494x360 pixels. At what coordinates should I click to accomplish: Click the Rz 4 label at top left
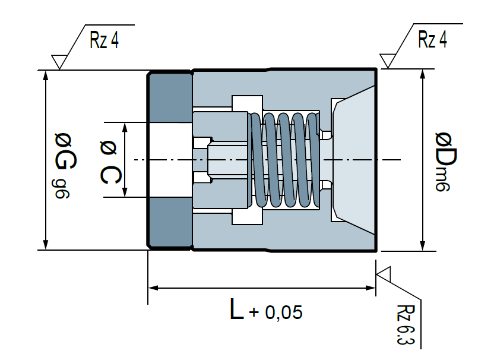point(104,40)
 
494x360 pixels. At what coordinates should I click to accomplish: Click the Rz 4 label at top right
point(432,39)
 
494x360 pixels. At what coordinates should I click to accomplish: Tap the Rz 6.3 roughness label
point(406,325)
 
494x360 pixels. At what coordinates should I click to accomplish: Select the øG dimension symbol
point(65,151)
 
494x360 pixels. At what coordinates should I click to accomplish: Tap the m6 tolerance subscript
point(442,179)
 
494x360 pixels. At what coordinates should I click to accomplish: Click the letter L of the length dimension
point(236,309)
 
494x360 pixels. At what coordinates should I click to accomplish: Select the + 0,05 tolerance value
point(275,312)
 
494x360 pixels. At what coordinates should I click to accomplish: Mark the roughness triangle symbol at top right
point(388,61)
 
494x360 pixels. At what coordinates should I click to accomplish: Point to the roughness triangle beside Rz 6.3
point(384,274)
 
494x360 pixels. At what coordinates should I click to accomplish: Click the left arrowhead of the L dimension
point(153,288)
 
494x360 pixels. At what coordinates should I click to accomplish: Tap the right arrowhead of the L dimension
point(370,288)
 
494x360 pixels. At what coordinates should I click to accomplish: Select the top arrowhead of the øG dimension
point(46,75)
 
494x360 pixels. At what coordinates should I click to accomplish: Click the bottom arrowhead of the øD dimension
point(423,246)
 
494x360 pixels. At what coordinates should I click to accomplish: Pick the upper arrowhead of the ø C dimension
point(125,127)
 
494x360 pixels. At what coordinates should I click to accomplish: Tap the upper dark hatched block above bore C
point(170,97)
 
